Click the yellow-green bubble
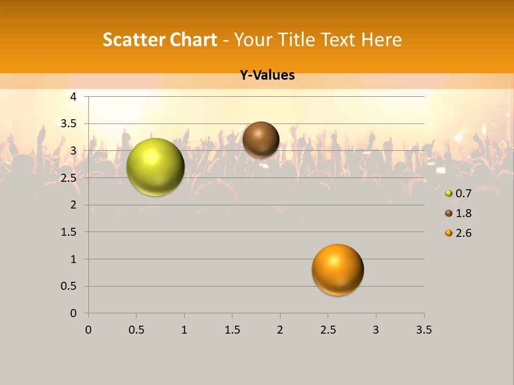[155, 167]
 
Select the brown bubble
[261, 140]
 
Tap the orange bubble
[337, 269]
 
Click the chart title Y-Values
[267, 75]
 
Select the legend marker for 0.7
[449, 194]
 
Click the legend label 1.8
[463, 213]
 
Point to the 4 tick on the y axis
[73, 97]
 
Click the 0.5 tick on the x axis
[136, 330]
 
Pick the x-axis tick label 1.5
[232, 330]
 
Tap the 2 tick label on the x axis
[280, 330]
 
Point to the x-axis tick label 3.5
[424, 330]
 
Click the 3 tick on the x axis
[376, 330]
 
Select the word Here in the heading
[381, 40]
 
